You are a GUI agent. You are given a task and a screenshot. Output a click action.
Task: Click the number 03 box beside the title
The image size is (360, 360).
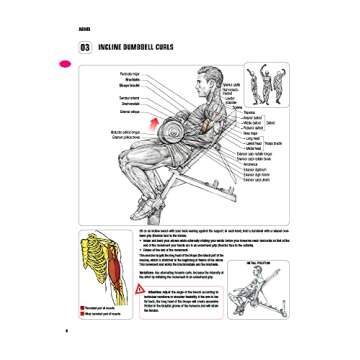71,47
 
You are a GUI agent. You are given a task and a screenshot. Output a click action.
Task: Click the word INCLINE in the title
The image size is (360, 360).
104,47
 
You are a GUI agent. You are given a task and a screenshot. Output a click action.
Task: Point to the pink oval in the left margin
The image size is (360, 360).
65,64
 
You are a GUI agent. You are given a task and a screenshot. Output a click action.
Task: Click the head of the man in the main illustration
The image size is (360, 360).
207,79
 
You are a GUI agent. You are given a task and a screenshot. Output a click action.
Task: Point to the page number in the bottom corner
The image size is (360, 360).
65,329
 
